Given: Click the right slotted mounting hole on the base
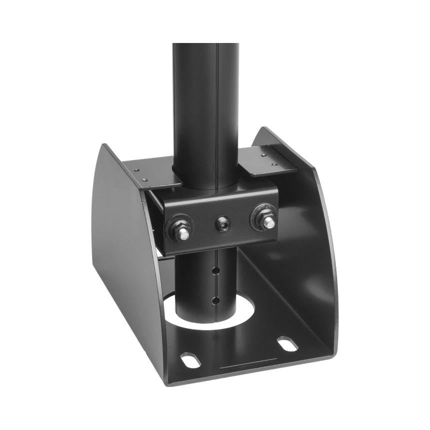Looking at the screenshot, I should (x=285, y=344).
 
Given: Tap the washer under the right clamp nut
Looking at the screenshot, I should (x=256, y=213).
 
